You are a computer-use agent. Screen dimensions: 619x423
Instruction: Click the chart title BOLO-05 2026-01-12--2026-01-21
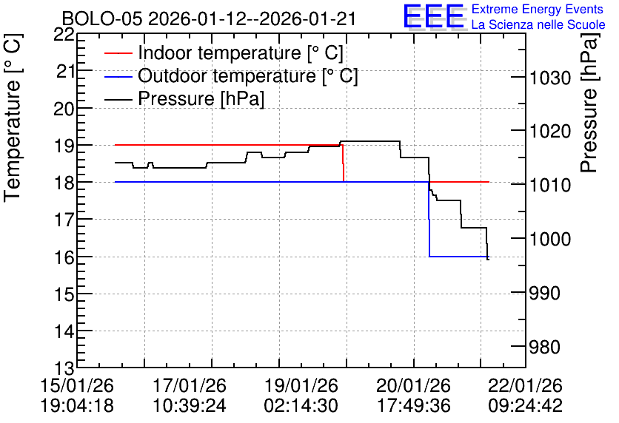click(210, 18)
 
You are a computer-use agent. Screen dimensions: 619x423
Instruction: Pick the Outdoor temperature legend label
click(248, 75)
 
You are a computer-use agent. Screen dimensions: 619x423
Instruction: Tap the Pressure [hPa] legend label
click(201, 98)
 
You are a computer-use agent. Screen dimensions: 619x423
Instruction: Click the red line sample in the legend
click(118, 53)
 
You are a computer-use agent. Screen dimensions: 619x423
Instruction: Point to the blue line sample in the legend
click(118, 76)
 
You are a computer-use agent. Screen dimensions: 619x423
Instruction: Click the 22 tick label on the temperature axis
click(64, 35)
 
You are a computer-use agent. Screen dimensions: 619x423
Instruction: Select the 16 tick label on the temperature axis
click(64, 257)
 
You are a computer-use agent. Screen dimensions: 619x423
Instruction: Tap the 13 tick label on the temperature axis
click(64, 368)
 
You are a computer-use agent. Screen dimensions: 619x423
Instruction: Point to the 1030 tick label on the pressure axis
click(550, 78)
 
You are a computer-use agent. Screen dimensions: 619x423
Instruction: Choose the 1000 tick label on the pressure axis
click(550, 239)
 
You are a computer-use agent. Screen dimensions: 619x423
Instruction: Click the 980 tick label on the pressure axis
click(544, 348)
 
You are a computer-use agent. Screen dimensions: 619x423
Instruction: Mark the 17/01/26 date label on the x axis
click(189, 385)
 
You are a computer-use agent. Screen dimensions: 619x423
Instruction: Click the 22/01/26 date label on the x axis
click(525, 385)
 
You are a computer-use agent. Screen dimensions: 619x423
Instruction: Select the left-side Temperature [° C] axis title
click(13, 118)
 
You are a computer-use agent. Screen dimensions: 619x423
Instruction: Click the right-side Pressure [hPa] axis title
click(589, 103)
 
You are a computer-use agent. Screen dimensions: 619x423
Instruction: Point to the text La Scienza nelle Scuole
click(538, 25)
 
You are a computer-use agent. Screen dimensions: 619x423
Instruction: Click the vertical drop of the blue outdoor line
click(429, 219)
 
